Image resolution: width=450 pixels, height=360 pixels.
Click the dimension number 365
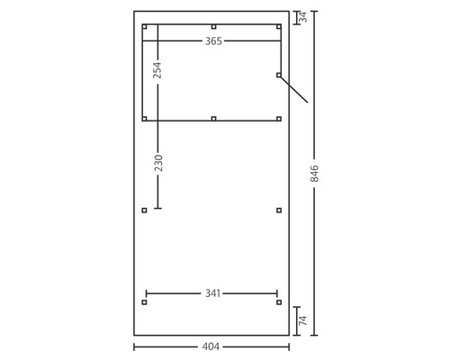[x=213, y=41]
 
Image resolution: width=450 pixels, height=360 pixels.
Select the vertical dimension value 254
[x=157, y=71]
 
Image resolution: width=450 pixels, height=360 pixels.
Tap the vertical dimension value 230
[x=157, y=163]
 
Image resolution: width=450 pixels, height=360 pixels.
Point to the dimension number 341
[x=213, y=293]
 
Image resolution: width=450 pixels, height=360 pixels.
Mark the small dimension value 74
[x=303, y=319]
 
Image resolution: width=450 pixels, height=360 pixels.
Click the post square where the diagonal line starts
[x=279, y=76]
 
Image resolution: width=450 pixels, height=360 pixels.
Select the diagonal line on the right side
[x=294, y=90]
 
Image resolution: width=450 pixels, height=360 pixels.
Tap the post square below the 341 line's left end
[x=144, y=302]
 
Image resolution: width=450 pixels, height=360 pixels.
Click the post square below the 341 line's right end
[x=279, y=302]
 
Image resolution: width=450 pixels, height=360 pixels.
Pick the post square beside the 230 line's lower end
[x=144, y=211]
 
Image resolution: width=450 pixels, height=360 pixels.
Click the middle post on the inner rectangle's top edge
[x=213, y=26]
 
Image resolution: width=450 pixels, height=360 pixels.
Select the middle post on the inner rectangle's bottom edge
[x=213, y=119]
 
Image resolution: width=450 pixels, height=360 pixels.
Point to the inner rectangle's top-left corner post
[x=144, y=27]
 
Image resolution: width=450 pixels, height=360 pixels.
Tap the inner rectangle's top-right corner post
[x=279, y=27]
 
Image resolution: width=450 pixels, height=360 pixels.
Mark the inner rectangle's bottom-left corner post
[x=144, y=119]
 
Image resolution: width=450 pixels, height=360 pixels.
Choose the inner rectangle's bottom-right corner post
[x=279, y=119]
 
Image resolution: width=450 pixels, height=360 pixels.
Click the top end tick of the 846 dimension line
[x=314, y=11]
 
